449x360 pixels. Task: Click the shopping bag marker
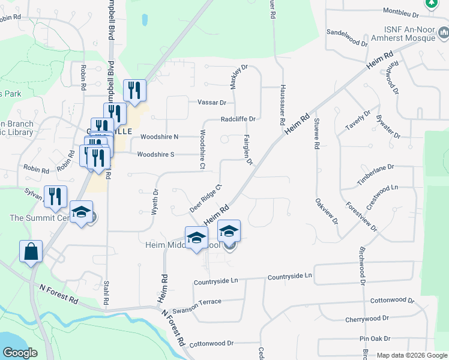click(31, 253)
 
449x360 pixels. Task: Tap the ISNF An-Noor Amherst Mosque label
click(409, 34)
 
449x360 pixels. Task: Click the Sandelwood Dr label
click(347, 37)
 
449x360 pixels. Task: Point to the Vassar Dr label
click(212, 103)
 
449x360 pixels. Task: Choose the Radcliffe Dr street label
click(238, 119)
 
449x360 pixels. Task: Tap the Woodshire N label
click(159, 137)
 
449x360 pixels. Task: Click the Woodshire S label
click(155, 154)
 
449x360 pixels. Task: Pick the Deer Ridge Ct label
click(207, 198)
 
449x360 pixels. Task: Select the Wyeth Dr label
click(155, 200)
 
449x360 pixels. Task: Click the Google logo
click(19, 353)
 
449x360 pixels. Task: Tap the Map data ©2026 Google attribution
click(411, 355)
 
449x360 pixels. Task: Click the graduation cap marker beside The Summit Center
click(81, 212)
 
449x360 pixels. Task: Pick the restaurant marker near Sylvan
click(54, 196)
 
